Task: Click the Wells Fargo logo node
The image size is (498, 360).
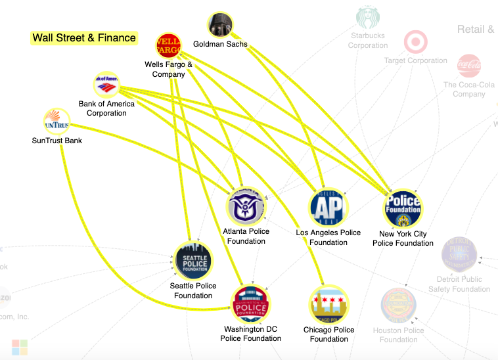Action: coord(168,46)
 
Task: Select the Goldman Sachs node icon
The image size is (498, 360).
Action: coord(220,25)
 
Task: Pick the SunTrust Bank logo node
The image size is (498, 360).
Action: coord(56,122)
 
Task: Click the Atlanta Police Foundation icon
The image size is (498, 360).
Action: coord(246,208)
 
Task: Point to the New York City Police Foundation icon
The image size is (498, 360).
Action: coord(403,210)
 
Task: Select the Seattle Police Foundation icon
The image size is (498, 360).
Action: coord(193,261)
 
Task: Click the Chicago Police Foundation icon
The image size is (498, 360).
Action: coord(328,305)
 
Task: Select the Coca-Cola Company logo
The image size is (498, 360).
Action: coord(468,66)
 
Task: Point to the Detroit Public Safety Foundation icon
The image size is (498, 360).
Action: coord(459,254)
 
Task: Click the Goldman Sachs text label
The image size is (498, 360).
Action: coord(220,45)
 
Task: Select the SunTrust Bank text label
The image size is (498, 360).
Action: coord(57,141)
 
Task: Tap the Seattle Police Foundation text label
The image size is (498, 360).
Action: coord(193,291)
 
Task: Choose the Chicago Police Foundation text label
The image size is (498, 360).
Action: coord(329,334)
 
